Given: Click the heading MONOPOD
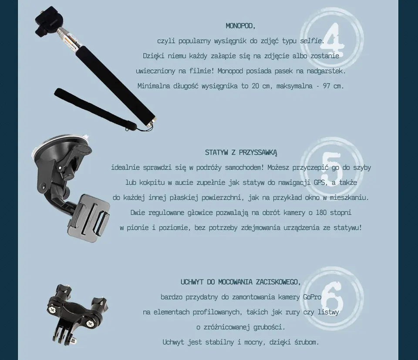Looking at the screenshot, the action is [240, 26].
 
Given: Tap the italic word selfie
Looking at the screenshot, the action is [311, 41].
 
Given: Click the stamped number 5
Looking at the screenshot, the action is [332, 168].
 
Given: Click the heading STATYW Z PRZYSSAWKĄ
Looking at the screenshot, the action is [241, 152].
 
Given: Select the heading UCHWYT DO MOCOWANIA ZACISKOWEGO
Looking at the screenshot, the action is [240, 282].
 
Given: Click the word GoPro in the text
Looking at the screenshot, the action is [312, 297].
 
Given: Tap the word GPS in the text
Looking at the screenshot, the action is [319, 182].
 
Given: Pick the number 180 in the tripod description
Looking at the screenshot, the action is [321, 212].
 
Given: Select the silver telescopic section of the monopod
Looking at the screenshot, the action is [67, 40].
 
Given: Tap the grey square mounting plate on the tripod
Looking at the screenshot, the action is [90, 218].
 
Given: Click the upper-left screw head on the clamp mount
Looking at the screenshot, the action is [51, 309].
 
